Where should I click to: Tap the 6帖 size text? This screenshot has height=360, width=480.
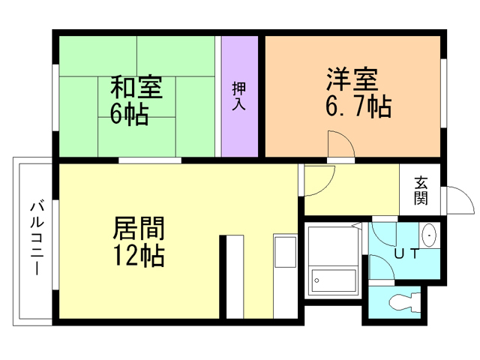point(129,115)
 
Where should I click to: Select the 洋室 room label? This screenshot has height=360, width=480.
point(350,79)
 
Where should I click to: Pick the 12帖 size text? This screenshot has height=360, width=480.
point(139,256)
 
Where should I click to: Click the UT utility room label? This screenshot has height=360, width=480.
point(406,253)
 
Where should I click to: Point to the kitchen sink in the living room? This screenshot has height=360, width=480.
point(284,250)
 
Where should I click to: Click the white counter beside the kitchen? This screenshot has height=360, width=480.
point(235,277)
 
